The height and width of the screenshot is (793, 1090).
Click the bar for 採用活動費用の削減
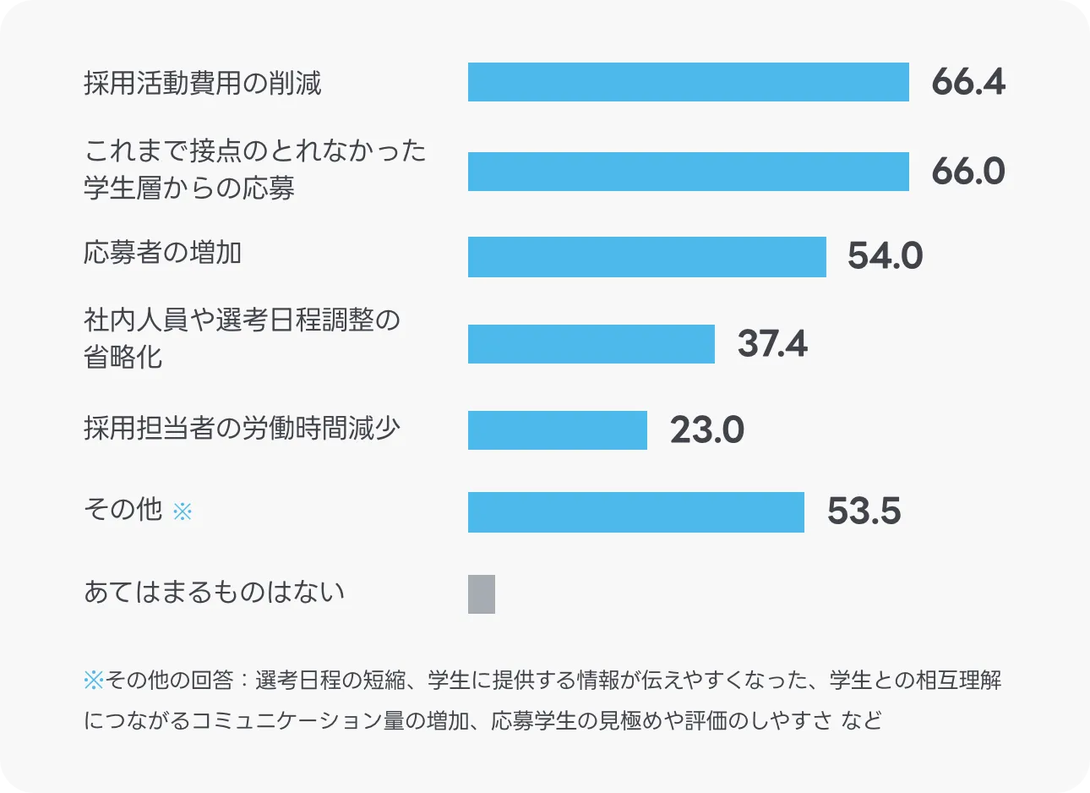click(688, 82)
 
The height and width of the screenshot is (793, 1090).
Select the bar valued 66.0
click(688, 172)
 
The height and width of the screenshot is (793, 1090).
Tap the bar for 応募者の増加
click(646, 256)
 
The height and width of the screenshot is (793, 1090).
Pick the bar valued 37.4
click(591, 344)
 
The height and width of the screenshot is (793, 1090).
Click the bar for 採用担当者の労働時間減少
click(557, 430)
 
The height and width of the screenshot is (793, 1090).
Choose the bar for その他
click(635, 512)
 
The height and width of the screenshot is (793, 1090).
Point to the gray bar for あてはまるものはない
click(482, 593)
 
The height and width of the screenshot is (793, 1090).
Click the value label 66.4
click(967, 82)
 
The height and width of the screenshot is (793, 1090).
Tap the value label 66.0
click(967, 172)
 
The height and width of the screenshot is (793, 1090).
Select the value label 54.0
click(885, 256)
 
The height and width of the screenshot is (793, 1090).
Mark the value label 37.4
click(772, 344)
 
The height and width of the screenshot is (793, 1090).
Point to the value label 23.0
click(706, 430)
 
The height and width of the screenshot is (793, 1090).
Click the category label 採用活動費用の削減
click(203, 83)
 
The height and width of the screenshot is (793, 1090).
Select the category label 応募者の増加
click(162, 253)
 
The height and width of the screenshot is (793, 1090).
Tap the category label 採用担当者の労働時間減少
click(242, 429)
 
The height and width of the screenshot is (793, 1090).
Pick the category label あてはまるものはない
click(215, 592)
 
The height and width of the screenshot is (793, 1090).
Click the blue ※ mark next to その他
click(183, 511)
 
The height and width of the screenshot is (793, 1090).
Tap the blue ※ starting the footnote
click(93, 680)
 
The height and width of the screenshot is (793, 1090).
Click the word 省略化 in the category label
click(123, 357)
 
